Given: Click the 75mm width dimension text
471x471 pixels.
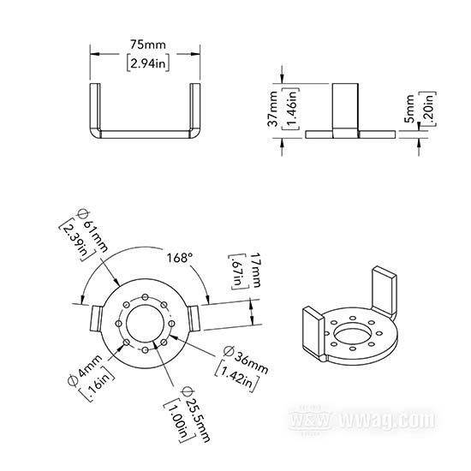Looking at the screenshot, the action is click(x=148, y=45).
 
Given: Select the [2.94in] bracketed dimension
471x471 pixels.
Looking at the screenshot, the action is click(x=148, y=63).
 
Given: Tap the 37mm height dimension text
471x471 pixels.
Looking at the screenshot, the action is click(x=273, y=109).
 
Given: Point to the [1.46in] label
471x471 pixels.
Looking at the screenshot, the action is click(x=291, y=109).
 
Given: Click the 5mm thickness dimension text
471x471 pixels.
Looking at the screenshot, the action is click(x=409, y=109).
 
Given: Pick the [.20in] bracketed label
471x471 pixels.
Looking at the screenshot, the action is click(x=427, y=109).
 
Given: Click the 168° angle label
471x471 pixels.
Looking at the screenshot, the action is click(x=180, y=258).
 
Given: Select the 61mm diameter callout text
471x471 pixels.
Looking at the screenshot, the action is click(x=92, y=230).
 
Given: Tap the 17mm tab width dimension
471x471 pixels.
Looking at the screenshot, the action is click(x=256, y=270).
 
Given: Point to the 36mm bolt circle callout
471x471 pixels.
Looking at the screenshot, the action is click(x=247, y=360).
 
